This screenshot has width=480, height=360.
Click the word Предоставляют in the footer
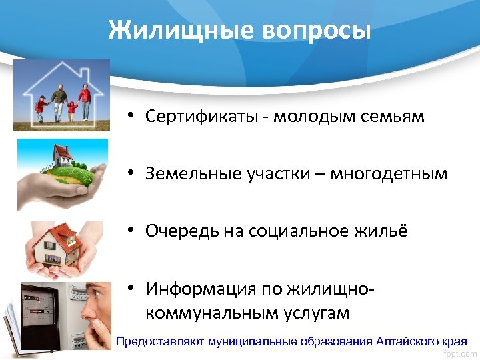160,341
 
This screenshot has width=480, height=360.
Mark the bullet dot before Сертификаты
133,117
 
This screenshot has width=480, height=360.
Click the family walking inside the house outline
63,101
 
